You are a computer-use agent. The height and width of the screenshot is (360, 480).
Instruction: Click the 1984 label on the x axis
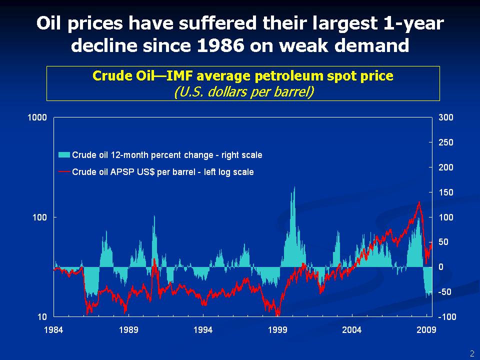coord(53,329)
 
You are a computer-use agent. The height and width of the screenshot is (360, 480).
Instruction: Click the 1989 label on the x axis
coord(128,329)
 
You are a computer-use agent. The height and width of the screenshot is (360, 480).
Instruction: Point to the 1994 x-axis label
coord(203,329)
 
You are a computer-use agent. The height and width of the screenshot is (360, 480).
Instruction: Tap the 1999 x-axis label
coord(277,329)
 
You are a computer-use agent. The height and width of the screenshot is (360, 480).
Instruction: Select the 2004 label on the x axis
coord(352,329)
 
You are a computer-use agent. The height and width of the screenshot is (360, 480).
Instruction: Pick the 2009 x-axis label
coord(426,329)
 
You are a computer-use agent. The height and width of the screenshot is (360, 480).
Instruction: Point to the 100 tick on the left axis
coord(39,217)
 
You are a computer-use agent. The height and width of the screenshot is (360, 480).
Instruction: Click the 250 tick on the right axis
coord(446,142)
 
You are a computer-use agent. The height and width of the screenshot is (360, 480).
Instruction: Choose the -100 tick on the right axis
coord(446,317)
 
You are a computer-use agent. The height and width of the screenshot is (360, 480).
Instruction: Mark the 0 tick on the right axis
coord(441,267)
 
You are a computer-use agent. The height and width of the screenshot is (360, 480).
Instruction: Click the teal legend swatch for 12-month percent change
coord(64,155)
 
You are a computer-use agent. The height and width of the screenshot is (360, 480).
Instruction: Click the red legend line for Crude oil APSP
coord(64,172)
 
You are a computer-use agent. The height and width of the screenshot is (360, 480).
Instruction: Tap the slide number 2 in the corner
coord(471,353)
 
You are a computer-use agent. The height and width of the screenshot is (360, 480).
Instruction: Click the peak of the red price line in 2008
coord(418,202)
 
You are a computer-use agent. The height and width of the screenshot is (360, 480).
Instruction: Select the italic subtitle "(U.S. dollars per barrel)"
coord(243,92)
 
